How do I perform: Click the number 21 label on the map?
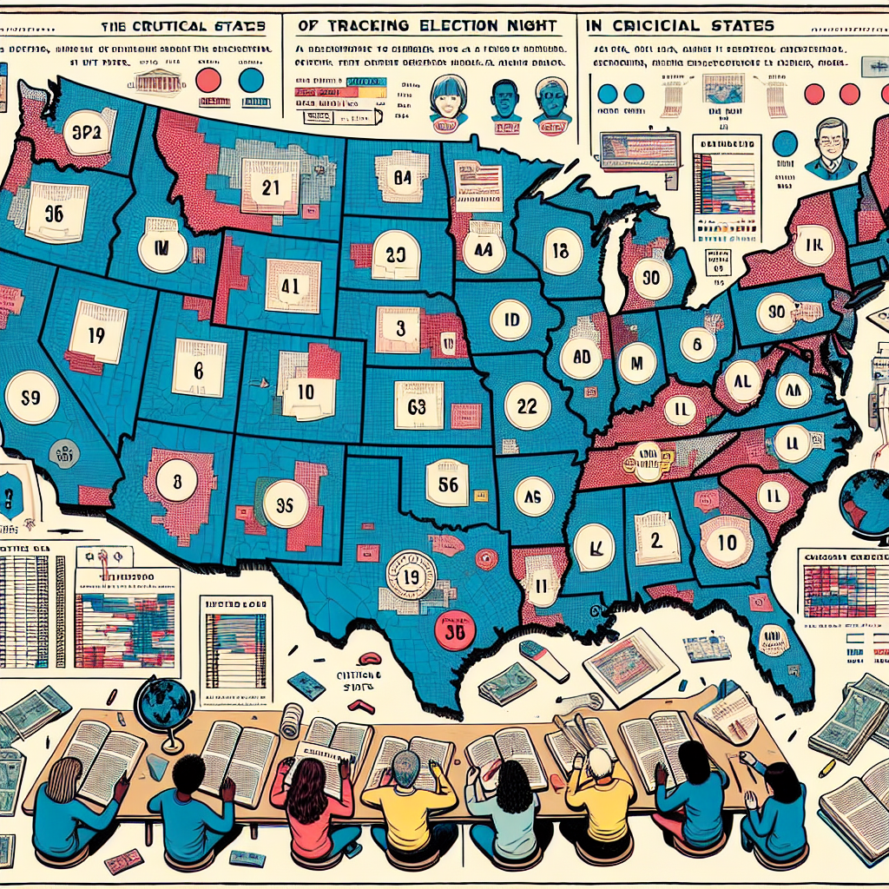[x=270, y=185]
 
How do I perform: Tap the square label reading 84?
[x=402, y=178]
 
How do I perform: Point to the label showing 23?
[x=395, y=255]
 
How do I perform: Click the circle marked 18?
[x=561, y=252]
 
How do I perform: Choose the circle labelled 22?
[x=527, y=405]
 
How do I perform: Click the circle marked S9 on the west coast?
[x=31, y=398]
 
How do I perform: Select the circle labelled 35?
[x=285, y=504]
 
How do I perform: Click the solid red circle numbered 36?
[x=453, y=631]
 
